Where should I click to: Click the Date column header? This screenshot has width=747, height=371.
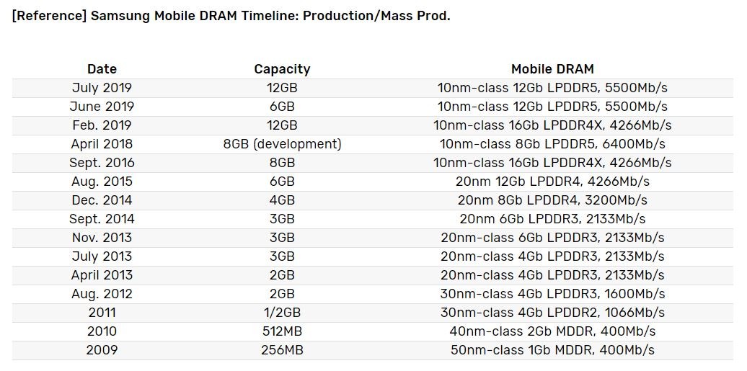tap(102, 69)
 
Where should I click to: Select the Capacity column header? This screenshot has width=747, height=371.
tap(282, 69)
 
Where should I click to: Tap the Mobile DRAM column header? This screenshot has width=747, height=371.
tap(552, 69)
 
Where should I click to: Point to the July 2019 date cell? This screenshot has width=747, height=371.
tap(102, 88)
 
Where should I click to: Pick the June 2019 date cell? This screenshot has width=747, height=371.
tap(102, 107)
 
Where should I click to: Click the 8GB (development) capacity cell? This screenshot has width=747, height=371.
tap(282, 144)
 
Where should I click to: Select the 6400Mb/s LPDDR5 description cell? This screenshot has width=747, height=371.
tap(552, 144)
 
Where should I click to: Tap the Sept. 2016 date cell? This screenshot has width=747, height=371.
tap(102, 163)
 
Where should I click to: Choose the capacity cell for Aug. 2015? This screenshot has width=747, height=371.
tap(282, 182)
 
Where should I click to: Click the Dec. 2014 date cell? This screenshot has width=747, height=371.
tap(102, 200)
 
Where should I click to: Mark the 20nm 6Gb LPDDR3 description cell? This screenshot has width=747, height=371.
tap(552, 219)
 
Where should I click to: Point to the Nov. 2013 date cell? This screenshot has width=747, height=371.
tap(102, 238)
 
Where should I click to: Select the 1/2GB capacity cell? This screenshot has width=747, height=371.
tap(282, 313)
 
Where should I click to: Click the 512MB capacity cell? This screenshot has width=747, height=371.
tap(282, 331)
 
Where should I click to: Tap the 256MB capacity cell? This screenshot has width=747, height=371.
tap(282, 350)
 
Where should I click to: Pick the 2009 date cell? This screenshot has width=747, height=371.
tap(102, 350)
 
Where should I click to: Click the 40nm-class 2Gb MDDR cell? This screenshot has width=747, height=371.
tap(552, 331)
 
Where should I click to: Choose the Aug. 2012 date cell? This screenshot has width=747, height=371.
tap(102, 294)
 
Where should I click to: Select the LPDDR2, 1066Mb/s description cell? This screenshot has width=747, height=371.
tap(552, 313)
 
